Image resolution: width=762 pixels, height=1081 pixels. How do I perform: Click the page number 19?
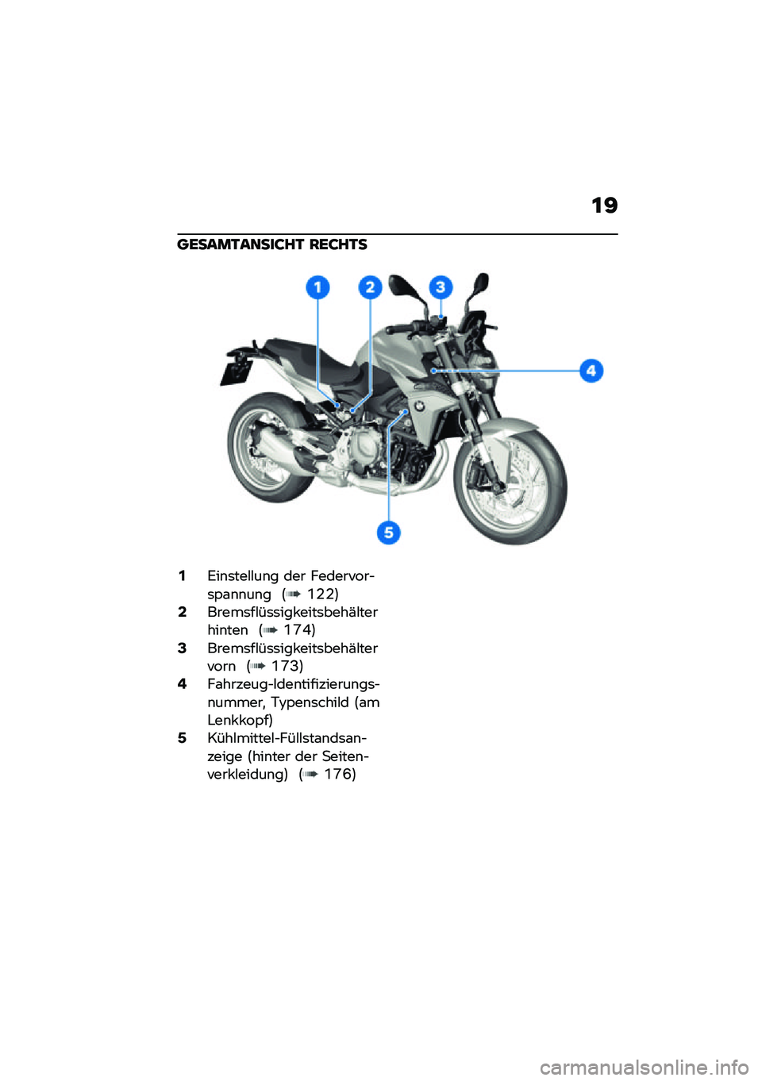coord(604,206)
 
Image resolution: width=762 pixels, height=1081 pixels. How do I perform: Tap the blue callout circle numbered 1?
coord(317,287)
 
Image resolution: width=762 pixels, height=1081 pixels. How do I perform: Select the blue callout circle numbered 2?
coord(370,287)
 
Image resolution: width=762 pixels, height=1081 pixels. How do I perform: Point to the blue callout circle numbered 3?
coord(441,287)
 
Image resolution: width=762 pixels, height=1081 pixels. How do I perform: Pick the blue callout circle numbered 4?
coord(591,371)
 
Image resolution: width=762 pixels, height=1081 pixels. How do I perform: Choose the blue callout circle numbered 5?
coord(388,532)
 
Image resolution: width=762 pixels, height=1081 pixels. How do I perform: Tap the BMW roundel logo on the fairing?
coord(419,406)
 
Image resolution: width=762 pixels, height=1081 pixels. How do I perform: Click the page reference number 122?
coord(321,594)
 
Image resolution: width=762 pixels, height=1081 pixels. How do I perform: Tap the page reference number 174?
coord(298,630)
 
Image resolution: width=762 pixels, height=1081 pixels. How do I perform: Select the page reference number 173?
coord(287,667)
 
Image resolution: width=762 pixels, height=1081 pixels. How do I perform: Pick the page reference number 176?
coord(339,775)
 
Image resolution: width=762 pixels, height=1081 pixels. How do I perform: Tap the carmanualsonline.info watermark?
coord(644,1068)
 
